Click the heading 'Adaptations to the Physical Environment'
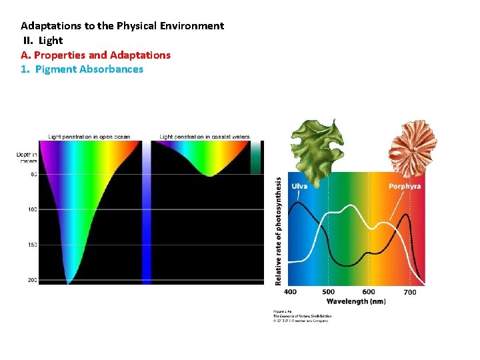click(x=122, y=26)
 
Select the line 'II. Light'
click(x=43, y=41)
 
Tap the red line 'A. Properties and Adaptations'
click(x=95, y=55)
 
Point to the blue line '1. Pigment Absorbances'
click(x=82, y=69)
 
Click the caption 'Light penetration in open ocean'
click(x=89, y=137)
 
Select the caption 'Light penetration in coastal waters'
click(x=205, y=137)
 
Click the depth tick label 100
click(x=32, y=209)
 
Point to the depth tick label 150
click(x=32, y=245)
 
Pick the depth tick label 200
click(x=32, y=280)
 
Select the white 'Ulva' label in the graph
click(x=299, y=186)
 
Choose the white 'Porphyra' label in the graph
click(x=405, y=186)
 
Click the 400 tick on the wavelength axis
click(x=291, y=292)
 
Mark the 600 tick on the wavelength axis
click(x=369, y=292)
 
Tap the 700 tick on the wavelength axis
click(x=409, y=292)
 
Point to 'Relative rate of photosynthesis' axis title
click(x=279, y=231)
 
